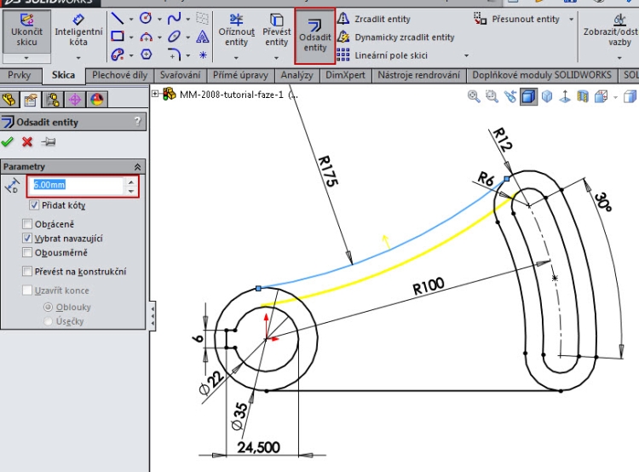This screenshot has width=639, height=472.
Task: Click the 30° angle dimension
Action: pyautogui.click(x=602, y=202)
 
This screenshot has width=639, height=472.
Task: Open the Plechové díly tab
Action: pyautogui.click(x=119, y=75)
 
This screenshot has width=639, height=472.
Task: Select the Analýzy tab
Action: pyautogui.click(x=296, y=75)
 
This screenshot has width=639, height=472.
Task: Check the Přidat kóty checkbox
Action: pyautogui.click(x=34, y=205)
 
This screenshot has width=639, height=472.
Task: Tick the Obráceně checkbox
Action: pyautogui.click(x=28, y=224)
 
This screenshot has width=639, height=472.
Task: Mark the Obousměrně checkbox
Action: pyautogui.click(x=28, y=253)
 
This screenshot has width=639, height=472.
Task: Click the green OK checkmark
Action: pyautogui.click(x=9, y=141)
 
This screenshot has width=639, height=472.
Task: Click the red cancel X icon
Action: pyautogui.click(x=27, y=141)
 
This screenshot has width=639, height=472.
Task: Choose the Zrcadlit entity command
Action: pyautogui.click(x=383, y=19)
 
